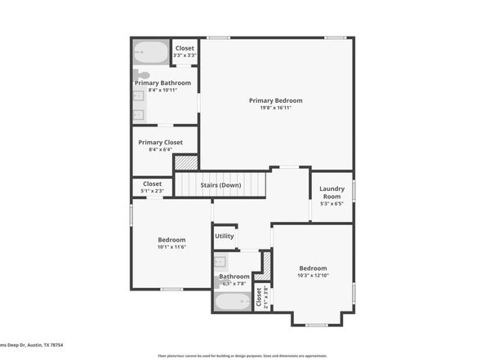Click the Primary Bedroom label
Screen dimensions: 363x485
point(275,100)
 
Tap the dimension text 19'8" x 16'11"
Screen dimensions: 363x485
point(275,107)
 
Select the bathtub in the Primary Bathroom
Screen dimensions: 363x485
point(150,53)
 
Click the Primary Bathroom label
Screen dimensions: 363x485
point(162,82)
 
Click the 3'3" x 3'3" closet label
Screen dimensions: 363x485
point(185,55)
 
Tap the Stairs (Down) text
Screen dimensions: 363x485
point(220,185)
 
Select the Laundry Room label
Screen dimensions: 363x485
point(331,193)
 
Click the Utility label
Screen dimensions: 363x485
point(225,237)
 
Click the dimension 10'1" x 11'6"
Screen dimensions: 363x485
point(171,246)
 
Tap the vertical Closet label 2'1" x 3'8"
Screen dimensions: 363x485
point(260,298)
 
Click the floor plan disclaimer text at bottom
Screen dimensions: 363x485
point(242,356)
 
